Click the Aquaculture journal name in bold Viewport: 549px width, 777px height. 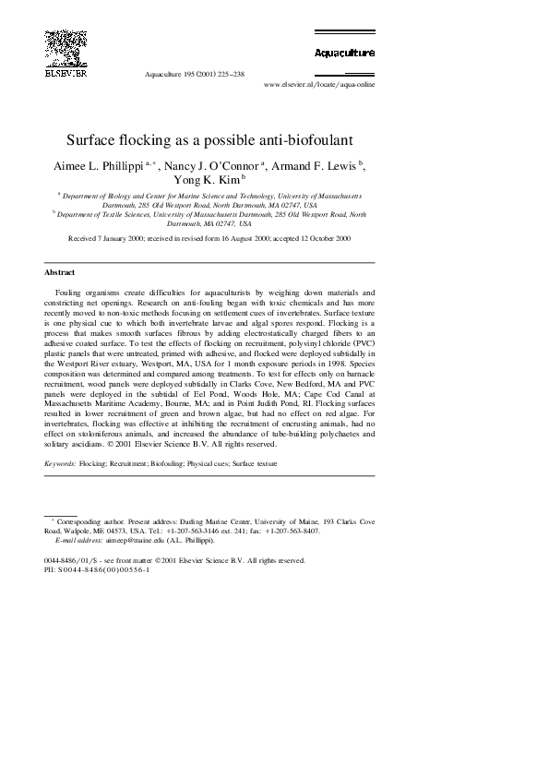343,54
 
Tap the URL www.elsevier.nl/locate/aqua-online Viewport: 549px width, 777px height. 319,83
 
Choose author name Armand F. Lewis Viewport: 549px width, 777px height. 314,166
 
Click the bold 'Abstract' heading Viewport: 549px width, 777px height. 59,272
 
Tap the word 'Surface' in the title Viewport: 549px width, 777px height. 93,142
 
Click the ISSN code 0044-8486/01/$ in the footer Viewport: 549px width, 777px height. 71,560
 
